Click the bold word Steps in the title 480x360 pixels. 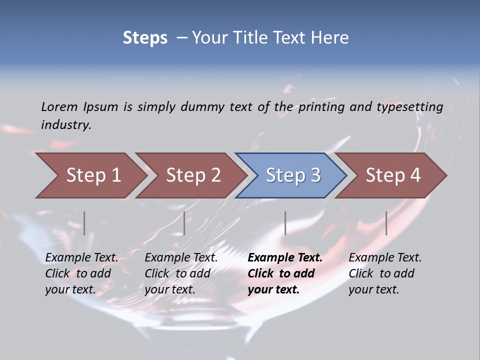[x=145, y=38]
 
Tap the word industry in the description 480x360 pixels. [x=66, y=125]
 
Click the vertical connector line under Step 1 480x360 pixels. [x=84, y=223]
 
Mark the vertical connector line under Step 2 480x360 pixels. [x=184, y=223]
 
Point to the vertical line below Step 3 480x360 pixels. [x=285, y=223]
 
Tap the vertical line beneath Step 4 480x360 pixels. [x=386, y=223]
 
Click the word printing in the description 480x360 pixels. [x=320, y=107]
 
